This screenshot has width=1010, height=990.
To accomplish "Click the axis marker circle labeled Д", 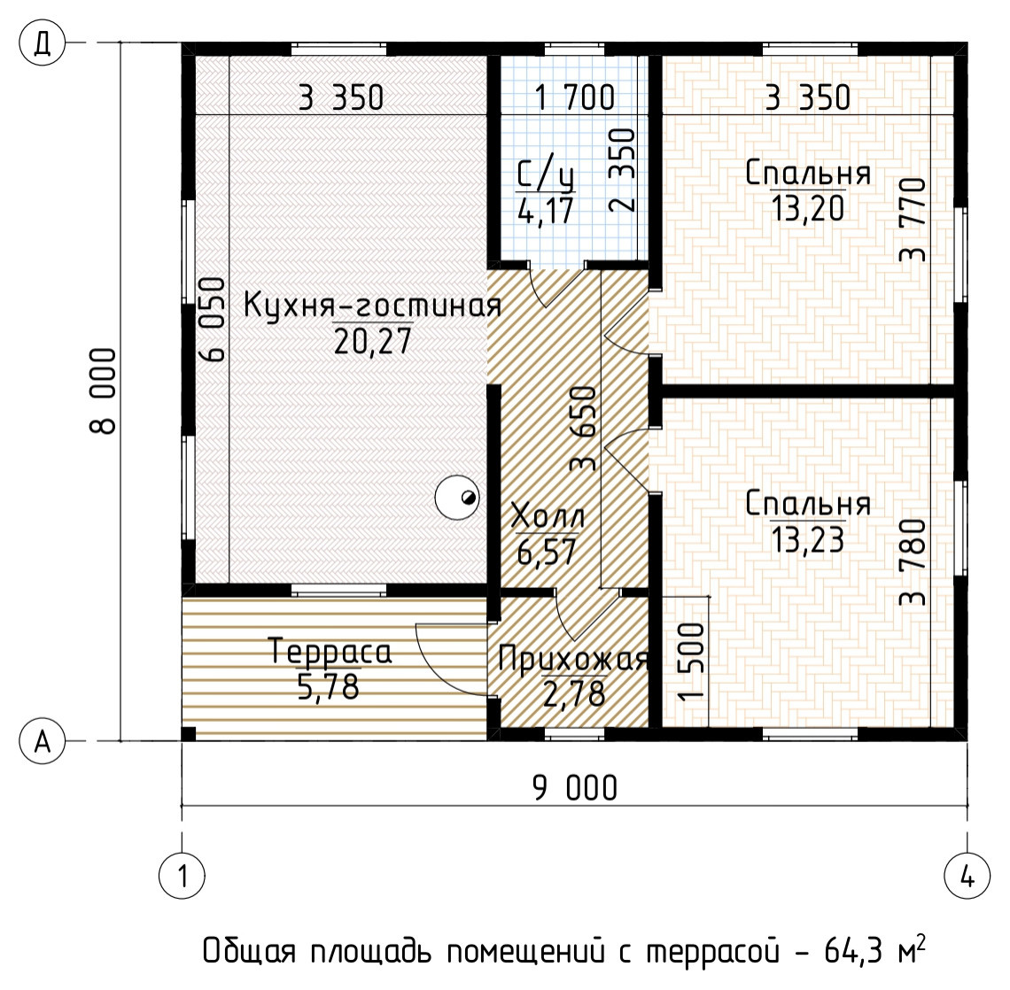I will [43, 43].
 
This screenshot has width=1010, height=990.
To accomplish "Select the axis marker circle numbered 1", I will [182, 878].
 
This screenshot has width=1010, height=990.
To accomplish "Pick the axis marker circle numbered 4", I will [967, 878].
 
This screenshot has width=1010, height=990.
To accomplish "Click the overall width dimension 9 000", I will [575, 787].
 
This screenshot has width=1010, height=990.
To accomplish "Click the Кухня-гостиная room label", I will [372, 306].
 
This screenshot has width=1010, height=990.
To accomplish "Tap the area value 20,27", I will [372, 341].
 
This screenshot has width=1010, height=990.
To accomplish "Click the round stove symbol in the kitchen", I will [458, 498].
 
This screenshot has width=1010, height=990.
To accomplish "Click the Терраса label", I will [330, 652].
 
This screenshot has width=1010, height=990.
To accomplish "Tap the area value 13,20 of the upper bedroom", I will [806, 209].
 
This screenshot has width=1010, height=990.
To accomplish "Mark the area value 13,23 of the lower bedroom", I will [806, 539].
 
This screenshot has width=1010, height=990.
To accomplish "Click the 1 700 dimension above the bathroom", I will [574, 97].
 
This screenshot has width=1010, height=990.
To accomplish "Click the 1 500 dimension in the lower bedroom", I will [694, 661].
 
